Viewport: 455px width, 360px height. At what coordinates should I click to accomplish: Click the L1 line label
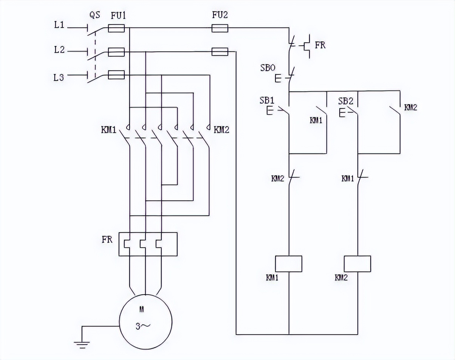pos(59,25)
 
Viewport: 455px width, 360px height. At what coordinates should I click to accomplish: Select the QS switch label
pos(95,15)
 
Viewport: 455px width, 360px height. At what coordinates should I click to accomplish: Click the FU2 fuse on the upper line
pos(220,28)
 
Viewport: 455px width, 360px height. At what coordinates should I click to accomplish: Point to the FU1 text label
pos(118,16)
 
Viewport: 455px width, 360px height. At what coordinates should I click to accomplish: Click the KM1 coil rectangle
pos(288,264)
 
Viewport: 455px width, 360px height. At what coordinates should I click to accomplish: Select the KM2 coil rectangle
pos(357,264)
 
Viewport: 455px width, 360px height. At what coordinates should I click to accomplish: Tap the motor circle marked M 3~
pos(145,321)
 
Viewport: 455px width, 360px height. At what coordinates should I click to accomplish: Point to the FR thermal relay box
pos(148,244)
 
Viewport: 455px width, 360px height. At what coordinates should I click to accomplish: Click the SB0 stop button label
pos(268,68)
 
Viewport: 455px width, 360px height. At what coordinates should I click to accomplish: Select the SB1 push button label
pos(267,101)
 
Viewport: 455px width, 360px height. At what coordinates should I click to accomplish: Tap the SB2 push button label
pos(346,101)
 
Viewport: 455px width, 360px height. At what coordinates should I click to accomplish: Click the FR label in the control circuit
pos(320,45)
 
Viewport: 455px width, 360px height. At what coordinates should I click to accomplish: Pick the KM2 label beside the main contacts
pos(221,130)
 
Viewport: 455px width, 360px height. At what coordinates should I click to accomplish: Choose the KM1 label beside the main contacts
pos(108,130)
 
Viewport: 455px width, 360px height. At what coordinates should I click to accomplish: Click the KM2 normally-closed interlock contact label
pos(277,178)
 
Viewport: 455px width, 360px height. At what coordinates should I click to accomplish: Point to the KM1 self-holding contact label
pos(316,120)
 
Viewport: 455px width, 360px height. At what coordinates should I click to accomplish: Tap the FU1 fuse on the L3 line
pos(116,75)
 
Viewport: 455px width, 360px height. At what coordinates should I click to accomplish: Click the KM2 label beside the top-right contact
pos(410,107)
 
